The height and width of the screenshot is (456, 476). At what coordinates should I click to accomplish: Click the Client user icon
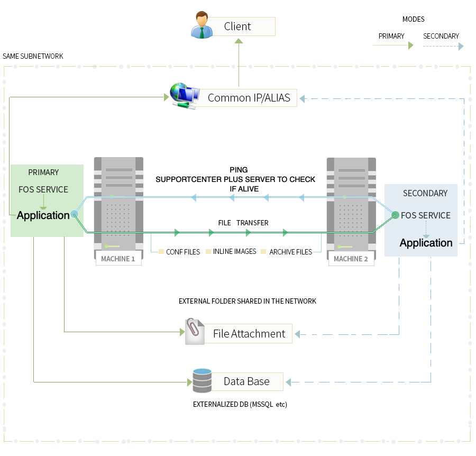point(202,26)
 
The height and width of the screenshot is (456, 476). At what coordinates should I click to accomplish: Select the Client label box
point(241,26)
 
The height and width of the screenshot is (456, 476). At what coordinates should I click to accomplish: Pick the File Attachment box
point(249,334)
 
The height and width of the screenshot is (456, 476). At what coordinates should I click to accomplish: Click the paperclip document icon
point(194,332)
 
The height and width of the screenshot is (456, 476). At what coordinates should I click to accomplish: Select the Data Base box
point(246,381)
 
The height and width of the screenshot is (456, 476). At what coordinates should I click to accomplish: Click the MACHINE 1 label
point(118,259)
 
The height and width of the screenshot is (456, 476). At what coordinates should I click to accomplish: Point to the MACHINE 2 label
point(351,259)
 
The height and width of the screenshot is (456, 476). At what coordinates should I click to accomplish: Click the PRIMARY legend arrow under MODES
point(393,46)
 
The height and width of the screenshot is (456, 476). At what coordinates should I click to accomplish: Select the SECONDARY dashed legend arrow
point(443,46)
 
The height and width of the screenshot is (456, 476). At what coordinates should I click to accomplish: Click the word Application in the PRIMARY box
point(43,215)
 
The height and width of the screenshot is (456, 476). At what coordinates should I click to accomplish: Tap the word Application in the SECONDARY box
point(426,243)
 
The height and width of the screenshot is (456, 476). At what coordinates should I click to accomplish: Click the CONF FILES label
point(182,252)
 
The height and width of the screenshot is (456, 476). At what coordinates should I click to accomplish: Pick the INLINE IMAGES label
point(234,252)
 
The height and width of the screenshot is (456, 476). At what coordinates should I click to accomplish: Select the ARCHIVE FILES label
point(290,252)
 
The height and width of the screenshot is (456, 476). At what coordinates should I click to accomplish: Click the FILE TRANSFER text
point(243,223)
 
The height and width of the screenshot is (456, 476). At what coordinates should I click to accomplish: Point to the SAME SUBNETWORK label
point(33,56)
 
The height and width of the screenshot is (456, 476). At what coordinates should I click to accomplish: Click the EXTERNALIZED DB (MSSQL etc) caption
point(240,405)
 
